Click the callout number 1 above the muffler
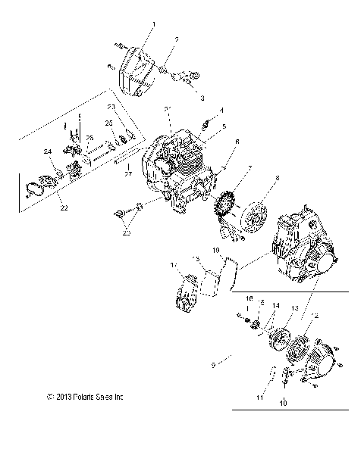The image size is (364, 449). point(154,25)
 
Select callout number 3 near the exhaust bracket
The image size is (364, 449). point(180,98)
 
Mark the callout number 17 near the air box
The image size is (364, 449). point(174,265)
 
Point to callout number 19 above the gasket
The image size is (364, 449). point(217,250)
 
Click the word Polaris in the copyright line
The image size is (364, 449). point(82,417)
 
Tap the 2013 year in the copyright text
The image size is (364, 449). point(61,417)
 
